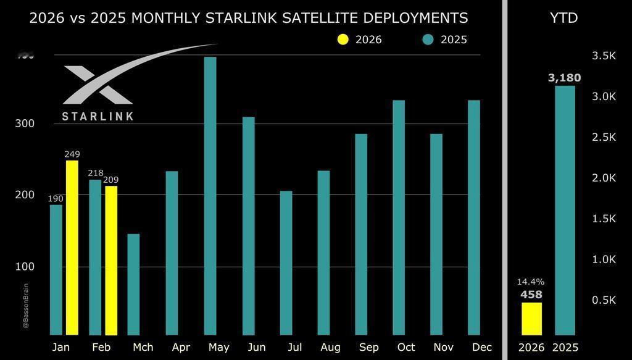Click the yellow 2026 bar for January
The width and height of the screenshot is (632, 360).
coord(72,248)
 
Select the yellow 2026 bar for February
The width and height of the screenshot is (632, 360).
coord(111,260)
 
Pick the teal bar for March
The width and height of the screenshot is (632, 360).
coord(133,284)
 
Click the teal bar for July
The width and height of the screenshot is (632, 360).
coord(286,262)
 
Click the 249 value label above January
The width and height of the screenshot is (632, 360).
coord(72,154)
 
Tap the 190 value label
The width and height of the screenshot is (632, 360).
coord(56,198)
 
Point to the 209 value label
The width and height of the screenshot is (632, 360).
coord(111,180)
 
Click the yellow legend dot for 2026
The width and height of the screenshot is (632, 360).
coord(343,40)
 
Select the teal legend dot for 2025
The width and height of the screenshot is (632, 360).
coord(428,40)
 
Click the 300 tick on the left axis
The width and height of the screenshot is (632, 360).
coord(25,123)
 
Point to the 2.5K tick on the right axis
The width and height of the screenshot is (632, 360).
coord(604,137)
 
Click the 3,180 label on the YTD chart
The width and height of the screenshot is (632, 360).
coord(564,78)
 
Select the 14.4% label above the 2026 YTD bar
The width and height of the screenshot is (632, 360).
coord(531,282)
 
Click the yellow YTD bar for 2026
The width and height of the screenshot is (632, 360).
coord(531,319)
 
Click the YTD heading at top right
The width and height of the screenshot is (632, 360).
coord(563,18)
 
